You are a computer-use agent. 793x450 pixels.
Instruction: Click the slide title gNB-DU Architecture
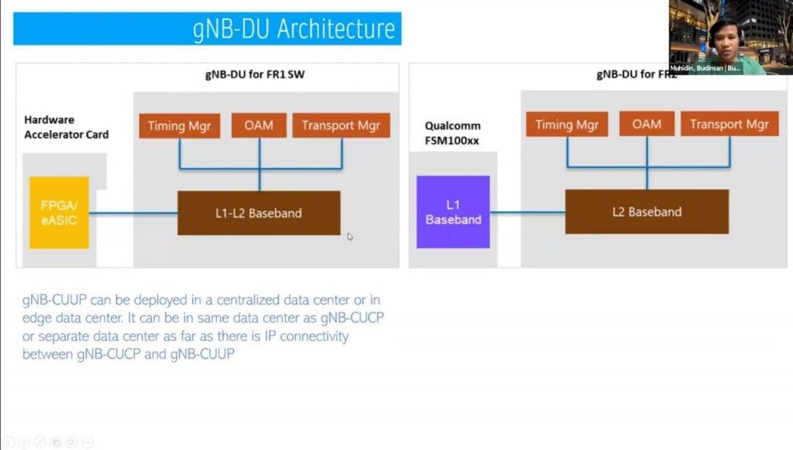tap(294, 29)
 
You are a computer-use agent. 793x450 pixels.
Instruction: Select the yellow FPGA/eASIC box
tap(59, 213)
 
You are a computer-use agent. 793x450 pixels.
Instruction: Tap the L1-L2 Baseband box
tap(259, 213)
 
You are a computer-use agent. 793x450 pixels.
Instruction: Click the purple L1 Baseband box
tap(453, 212)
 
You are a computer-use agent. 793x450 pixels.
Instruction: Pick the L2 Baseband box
tap(647, 211)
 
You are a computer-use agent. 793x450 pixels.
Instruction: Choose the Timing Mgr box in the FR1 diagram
tap(180, 125)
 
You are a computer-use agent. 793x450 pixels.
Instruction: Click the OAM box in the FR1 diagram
tap(259, 125)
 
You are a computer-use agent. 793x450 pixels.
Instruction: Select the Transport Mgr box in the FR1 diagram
tap(341, 125)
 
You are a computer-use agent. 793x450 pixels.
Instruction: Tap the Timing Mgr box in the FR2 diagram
tap(568, 124)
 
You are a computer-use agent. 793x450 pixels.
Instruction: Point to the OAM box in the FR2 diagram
tap(647, 124)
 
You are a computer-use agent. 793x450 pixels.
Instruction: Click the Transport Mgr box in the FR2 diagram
tap(729, 124)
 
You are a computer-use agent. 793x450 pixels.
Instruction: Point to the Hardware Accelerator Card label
tap(66, 127)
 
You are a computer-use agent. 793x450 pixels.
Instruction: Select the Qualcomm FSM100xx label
tap(454, 132)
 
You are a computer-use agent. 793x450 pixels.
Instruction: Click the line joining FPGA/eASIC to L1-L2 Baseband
tap(133, 213)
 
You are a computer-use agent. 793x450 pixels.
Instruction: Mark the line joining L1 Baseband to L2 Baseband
tap(527, 212)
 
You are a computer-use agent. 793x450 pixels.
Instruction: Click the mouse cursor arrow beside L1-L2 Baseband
tap(350, 237)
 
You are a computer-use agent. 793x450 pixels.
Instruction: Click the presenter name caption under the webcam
tap(705, 68)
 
